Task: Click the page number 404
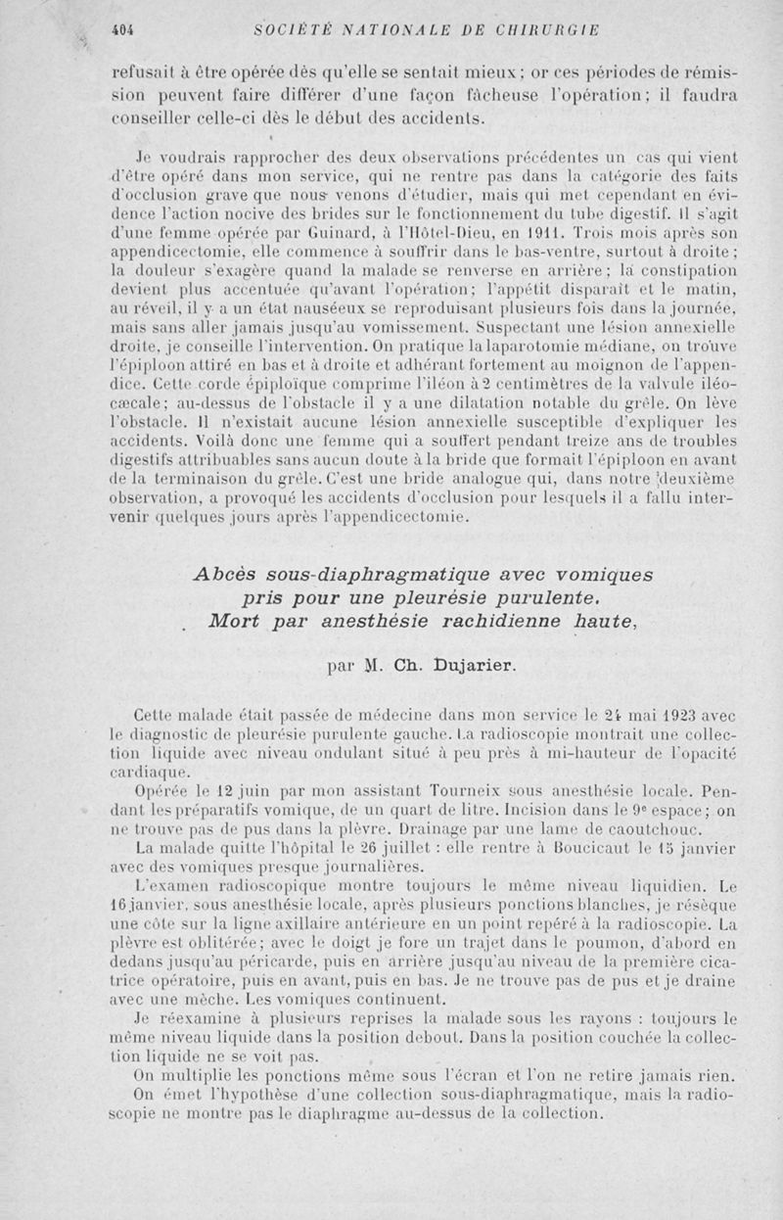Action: [122, 29]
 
